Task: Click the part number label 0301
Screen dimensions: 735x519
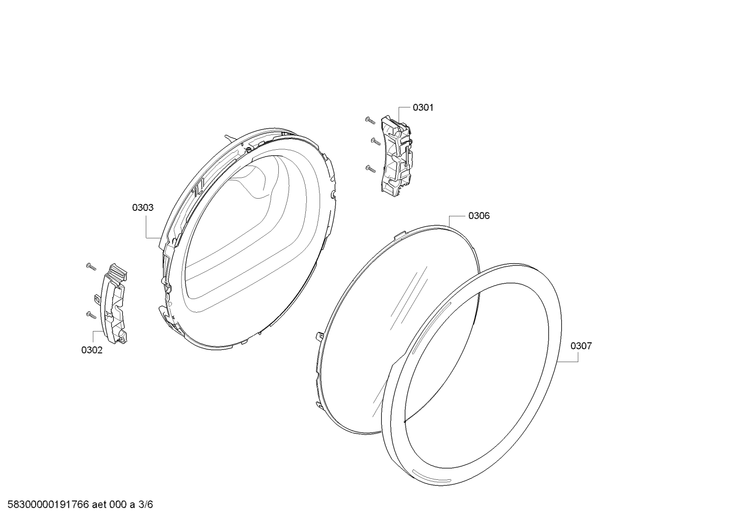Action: tap(423, 107)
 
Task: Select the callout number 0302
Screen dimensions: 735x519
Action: tap(92, 350)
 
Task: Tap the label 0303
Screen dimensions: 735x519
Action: tap(143, 207)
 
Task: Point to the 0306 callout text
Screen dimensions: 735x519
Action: tap(479, 216)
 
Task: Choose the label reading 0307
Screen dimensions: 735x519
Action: tap(581, 346)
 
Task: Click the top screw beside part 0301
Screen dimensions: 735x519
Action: tap(370, 121)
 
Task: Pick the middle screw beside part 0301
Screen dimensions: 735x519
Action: tap(375, 141)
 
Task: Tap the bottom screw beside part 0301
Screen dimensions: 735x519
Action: tap(371, 168)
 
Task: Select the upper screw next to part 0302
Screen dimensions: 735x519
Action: tap(91, 267)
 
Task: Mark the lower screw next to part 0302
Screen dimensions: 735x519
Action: tap(91, 315)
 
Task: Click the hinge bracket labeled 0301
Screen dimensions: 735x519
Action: tap(396, 156)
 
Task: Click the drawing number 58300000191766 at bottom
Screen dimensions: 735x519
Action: tap(48, 505)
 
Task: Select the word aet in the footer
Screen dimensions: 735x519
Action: tap(99, 505)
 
